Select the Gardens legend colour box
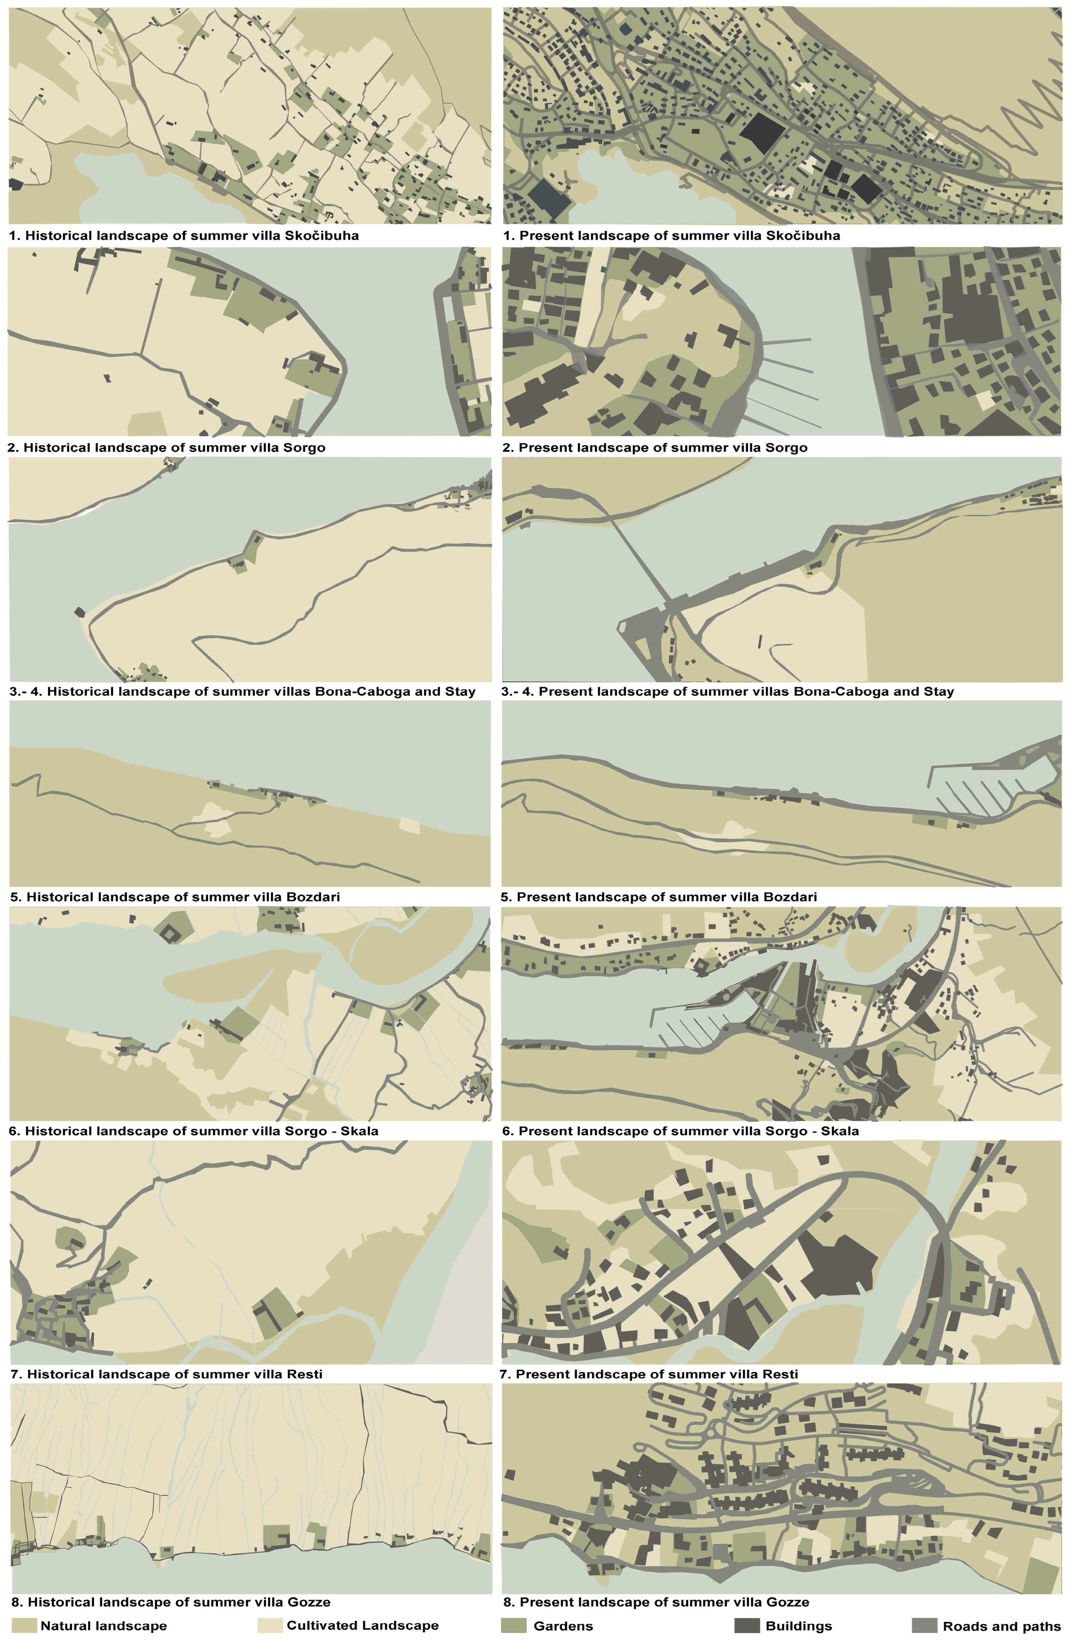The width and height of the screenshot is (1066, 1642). [x=513, y=1625]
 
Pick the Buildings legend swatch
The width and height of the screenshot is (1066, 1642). [x=746, y=1625]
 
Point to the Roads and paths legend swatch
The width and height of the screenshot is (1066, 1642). [x=924, y=1625]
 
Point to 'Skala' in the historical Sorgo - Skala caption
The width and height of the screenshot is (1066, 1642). [x=359, y=1131]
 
